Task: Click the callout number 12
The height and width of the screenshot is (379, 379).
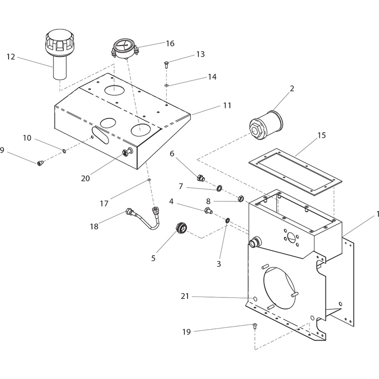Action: [x=10, y=57]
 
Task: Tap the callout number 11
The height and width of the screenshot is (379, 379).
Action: [x=227, y=105]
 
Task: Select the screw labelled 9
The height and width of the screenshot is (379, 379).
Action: [x=40, y=163]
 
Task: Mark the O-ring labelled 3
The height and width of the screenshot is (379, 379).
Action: [x=228, y=221]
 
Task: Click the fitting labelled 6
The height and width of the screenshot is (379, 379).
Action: [x=201, y=179]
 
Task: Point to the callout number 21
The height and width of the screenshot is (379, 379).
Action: [x=185, y=297]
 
